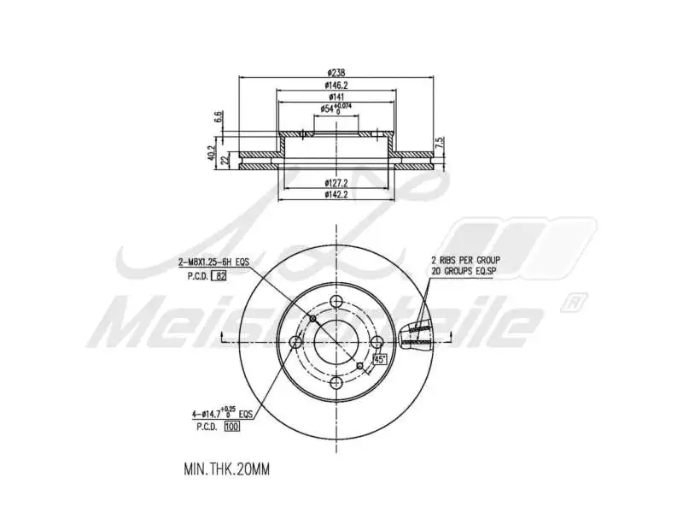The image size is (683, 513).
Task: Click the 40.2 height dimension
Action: tap(211, 153)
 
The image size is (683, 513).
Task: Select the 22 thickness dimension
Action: tap(225, 160)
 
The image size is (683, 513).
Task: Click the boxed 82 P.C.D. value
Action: tap(220, 275)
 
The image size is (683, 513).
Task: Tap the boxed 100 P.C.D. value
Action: tap(231, 426)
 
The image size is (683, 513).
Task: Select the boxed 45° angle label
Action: tap(381, 360)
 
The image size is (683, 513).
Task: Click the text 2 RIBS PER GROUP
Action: tap(464, 259)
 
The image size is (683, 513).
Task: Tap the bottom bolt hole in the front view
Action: tap(336, 383)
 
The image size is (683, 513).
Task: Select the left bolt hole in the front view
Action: tap(295, 342)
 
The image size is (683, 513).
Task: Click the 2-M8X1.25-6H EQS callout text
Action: tap(213, 262)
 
